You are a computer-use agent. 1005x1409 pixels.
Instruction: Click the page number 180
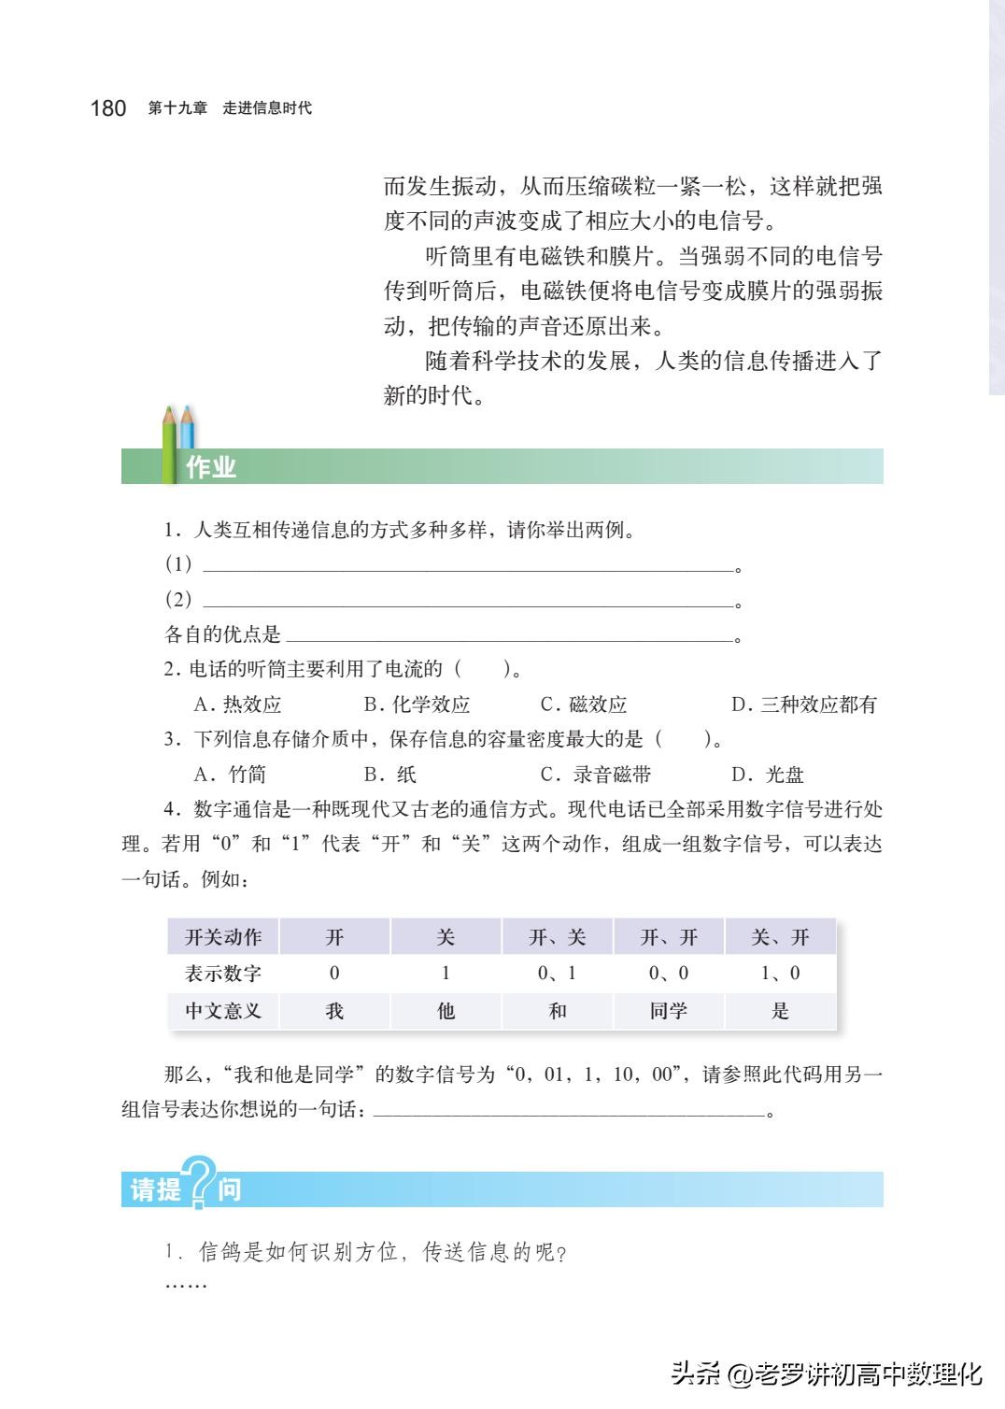pos(107,108)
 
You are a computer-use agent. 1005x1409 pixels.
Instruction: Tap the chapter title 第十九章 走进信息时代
pos(230,108)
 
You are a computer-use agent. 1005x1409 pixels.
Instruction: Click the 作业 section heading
pos(211,467)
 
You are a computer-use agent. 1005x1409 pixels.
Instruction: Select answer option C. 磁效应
pos(584,704)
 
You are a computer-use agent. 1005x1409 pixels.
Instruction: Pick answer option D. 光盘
pos(768,775)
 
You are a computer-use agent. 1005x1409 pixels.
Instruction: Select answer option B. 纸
pos(390,775)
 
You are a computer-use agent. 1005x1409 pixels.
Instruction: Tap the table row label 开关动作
pos(223,937)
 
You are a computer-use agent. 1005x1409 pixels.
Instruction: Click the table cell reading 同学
pos(669,1011)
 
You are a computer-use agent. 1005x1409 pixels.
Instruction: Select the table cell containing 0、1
pos(557,974)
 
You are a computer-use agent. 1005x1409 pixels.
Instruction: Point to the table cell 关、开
pos(780,937)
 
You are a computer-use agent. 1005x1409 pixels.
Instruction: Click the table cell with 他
pos(446,1011)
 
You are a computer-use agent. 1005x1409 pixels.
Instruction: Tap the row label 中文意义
pos(223,1011)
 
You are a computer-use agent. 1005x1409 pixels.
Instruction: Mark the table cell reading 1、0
pos(780,974)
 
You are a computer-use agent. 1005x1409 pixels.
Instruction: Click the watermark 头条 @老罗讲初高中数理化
pos(827,1374)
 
